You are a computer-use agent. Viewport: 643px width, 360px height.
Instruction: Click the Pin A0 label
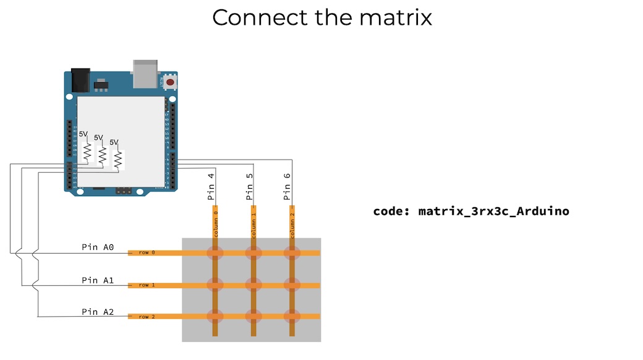pos(98,247)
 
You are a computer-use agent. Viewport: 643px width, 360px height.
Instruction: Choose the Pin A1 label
pos(98,280)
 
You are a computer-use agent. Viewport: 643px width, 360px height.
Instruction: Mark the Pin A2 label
pos(98,312)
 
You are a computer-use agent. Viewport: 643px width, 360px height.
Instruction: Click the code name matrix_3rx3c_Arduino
pos(493,212)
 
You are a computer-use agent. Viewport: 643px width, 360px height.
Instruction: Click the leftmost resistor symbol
pos(87,152)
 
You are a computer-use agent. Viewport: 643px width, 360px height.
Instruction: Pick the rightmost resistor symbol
pos(117,160)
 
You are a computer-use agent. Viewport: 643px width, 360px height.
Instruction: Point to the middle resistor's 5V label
pos(98,137)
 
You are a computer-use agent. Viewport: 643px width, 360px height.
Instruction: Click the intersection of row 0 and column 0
pos(215,253)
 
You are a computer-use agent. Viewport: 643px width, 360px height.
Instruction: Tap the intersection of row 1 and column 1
pos(253,285)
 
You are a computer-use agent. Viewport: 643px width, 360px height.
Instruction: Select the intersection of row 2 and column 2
pos(291,316)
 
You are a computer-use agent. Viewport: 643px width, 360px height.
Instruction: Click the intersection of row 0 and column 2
pos(291,253)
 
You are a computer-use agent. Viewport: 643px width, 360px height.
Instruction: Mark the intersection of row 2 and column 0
pos(215,316)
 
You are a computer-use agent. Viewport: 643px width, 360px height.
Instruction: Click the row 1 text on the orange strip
pos(147,285)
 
